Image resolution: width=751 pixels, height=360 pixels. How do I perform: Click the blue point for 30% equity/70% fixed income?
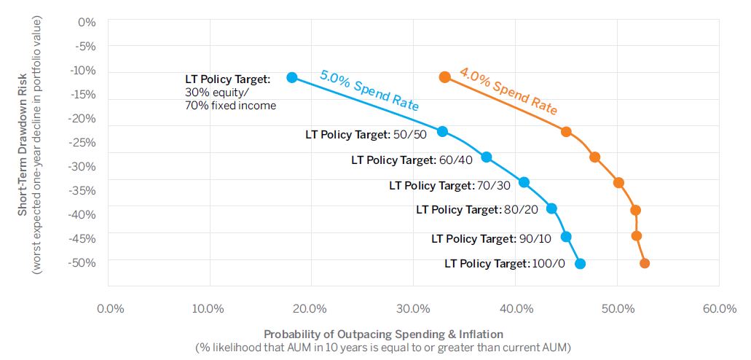292,77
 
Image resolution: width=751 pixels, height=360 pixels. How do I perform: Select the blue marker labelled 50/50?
442,132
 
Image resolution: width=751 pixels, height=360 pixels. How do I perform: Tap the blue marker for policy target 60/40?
487,157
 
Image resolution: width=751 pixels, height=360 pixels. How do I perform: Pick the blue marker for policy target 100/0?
580,264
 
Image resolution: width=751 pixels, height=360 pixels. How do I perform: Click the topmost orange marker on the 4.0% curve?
445,77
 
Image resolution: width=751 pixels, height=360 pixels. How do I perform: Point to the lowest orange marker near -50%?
644,264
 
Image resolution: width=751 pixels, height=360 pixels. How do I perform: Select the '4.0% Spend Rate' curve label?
508,91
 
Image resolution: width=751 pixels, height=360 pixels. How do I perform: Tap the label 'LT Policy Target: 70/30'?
450,186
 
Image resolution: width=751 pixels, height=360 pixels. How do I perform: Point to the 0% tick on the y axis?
87,23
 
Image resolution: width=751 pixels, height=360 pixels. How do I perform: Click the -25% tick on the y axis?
84,142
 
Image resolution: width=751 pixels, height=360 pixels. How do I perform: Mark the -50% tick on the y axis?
84,262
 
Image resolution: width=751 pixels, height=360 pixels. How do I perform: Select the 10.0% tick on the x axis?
209,308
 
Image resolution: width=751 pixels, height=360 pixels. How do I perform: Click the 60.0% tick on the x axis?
719,308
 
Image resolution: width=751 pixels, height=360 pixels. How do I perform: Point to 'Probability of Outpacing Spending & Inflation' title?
383,334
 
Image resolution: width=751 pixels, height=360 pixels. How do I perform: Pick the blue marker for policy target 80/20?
551,208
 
